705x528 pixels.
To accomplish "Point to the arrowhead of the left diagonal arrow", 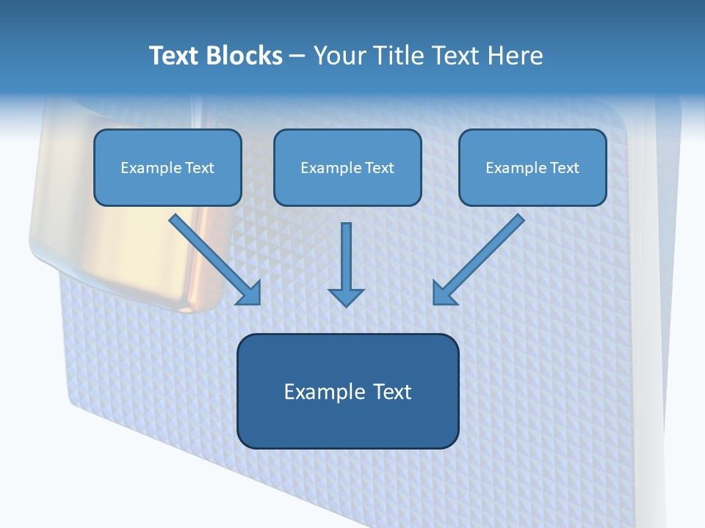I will [x=250, y=293].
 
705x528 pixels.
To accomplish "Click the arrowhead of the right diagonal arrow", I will [x=444, y=293].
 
